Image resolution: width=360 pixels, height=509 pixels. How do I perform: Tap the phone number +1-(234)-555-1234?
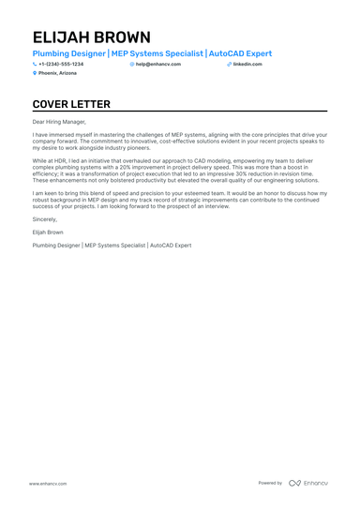61,64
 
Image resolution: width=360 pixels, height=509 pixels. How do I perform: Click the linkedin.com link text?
247,64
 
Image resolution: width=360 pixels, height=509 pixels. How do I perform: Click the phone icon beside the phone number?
35,64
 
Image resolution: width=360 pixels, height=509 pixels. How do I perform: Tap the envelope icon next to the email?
132,64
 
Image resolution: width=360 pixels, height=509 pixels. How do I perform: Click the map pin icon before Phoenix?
35,73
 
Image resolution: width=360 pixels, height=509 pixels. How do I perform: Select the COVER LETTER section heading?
71,104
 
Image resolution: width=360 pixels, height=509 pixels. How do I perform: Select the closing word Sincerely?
43,218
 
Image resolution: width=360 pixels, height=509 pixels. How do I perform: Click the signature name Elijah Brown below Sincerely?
48,231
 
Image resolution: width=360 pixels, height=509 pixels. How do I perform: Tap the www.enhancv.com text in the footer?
46,483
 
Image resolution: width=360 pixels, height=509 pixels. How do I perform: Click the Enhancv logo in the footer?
307,483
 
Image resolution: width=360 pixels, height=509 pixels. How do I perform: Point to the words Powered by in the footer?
270,483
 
